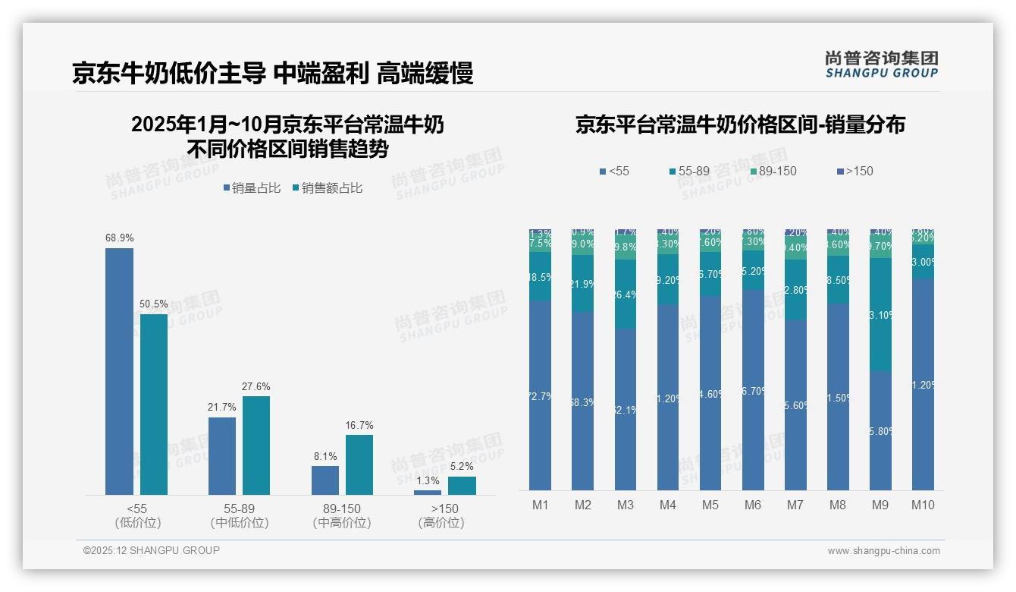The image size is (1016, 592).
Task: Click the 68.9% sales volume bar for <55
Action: coord(119,371)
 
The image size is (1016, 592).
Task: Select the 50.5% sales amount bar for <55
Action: coord(154,404)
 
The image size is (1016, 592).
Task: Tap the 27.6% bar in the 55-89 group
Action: coord(256,445)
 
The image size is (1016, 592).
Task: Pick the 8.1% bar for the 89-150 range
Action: coord(325,480)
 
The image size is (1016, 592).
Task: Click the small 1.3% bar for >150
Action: coord(428,493)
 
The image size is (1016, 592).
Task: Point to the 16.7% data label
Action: coord(359,426)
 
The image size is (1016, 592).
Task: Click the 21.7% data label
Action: coord(222,408)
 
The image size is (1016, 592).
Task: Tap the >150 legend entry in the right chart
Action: coord(855,172)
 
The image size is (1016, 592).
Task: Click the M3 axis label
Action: coord(626,505)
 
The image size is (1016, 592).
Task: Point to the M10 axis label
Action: coord(923,505)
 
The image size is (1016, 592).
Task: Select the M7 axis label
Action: coord(795,505)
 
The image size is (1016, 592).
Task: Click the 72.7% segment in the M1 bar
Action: coord(541,395)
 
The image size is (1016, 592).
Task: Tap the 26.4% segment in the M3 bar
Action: coord(626,294)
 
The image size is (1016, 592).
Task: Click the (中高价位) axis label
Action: coord(342,523)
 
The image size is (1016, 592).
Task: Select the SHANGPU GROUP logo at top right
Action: coord(881,65)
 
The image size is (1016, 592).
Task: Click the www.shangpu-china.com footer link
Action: coord(883,551)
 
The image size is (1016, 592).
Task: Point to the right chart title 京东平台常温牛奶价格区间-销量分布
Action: coord(740,125)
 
